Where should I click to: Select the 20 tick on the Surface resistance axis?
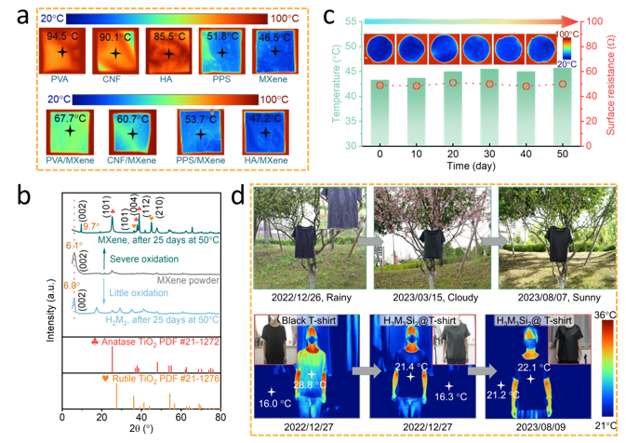click(x=591, y=120)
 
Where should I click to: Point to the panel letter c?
click(x=325, y=14)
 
